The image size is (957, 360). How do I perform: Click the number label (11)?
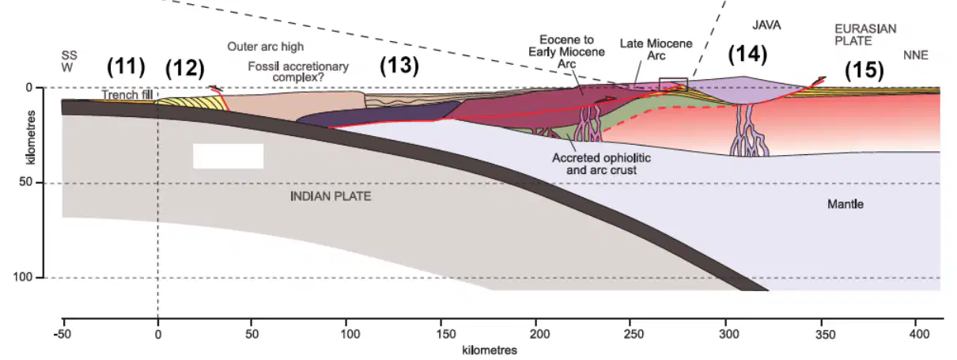click(126, 66)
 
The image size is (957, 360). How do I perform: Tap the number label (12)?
click(185, 68)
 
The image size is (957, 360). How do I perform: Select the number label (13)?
click(399, 66)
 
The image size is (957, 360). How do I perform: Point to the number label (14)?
click(747, 55)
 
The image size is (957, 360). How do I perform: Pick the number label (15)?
click(864, 70)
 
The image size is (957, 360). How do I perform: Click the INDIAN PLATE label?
click(331, 196)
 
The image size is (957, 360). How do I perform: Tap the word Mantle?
click(845, 204)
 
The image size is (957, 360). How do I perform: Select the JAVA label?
click(766, 25)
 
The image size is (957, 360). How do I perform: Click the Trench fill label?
click(127, 94)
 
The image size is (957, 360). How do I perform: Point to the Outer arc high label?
click(265, 46)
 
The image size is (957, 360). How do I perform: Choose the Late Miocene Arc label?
click(656, 50)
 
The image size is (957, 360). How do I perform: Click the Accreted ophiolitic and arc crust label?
click(602, 164)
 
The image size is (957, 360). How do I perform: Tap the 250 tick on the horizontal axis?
click(634, 334)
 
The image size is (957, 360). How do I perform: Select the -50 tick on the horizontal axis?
click(62, 334)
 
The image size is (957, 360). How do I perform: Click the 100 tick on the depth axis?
click(23, 277)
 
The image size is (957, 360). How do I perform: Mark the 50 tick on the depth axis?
click(25, 182)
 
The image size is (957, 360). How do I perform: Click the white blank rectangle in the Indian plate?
click(228, 156)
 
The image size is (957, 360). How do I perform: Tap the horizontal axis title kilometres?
click(490, 351)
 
